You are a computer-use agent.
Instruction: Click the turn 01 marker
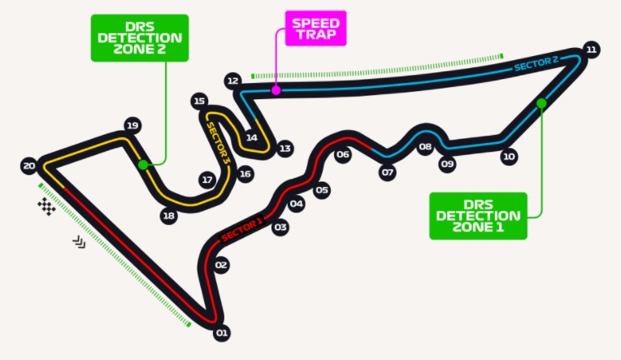[221, 332]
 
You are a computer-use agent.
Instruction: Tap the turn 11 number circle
[591, 50]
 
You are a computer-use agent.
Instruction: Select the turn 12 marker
[232, 80]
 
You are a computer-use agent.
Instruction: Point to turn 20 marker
[29, 166]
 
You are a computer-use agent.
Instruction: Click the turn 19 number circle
[132, 125]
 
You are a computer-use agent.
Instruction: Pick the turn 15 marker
[199, 101]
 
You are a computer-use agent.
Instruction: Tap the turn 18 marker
[169, 215]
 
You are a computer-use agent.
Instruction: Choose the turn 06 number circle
[343, 154]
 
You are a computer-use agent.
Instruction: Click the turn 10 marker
[509, 157]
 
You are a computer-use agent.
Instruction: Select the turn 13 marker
[284, 149]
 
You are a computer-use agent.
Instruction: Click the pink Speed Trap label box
[315, 28]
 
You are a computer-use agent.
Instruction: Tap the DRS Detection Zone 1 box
[478, 216]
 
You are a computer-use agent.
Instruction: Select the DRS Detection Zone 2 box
[140, 38]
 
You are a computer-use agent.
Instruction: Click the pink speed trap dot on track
[276, 90]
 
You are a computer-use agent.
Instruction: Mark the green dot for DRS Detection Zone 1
[541, 103]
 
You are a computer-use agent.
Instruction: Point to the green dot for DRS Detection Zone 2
[143, 165]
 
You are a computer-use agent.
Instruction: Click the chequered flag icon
[46, 206]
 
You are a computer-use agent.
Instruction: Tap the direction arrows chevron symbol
[79, 241]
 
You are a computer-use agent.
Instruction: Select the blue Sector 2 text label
[536, 63]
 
